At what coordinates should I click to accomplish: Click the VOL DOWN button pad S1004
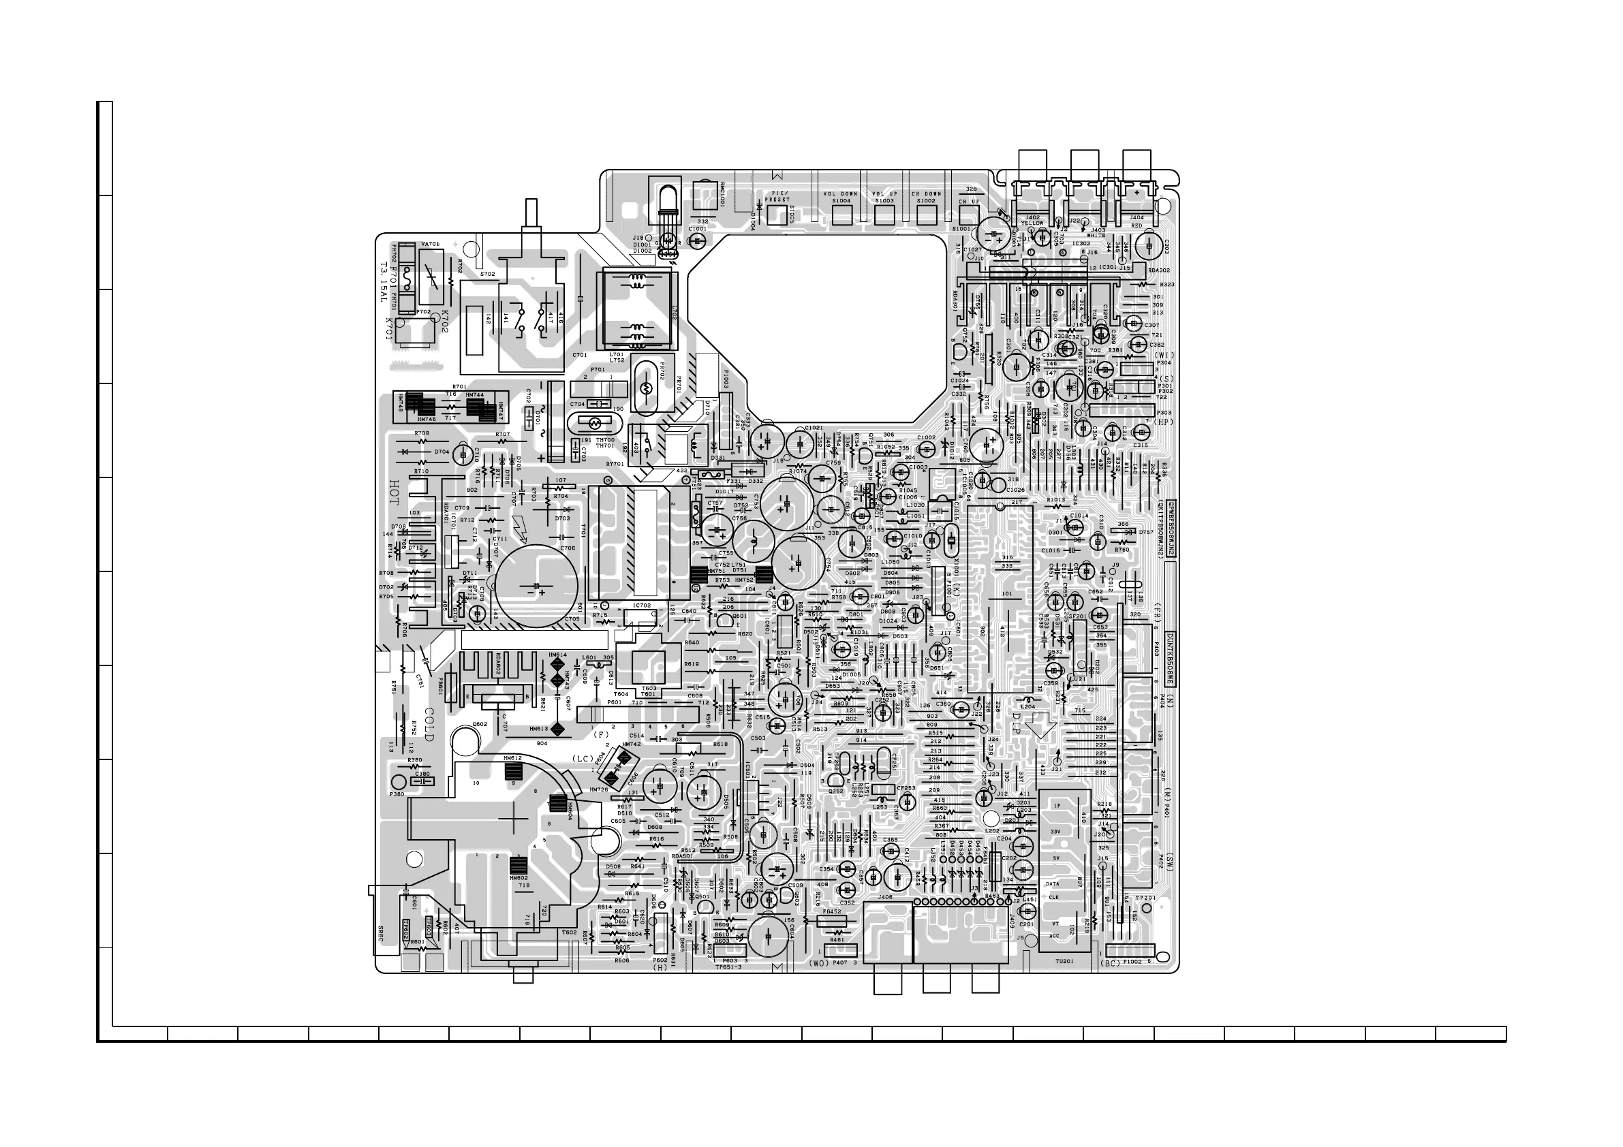coord(841,215)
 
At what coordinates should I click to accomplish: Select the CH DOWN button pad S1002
coord(926,215)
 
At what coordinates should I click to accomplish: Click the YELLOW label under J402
coord(1032,223)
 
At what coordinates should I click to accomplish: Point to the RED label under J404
coord(1136,225)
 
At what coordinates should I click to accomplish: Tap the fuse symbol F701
coord(408,279)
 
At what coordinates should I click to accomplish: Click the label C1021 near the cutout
coord(814,428)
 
